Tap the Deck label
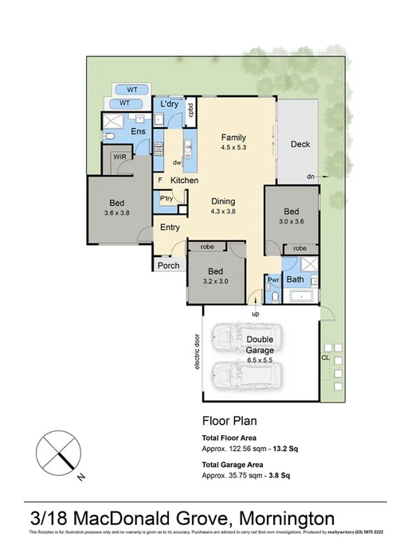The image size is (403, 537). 299,145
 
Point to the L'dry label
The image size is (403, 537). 169,105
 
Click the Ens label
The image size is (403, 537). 138,131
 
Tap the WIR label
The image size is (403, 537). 120,158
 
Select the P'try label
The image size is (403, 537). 166,199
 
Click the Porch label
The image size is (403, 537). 168,265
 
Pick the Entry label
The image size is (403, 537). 170,228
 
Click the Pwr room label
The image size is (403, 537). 272,280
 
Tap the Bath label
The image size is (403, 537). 295,280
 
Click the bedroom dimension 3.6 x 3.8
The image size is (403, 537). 117,213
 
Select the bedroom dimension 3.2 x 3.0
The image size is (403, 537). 215,282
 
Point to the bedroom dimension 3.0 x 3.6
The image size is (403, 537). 292,222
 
